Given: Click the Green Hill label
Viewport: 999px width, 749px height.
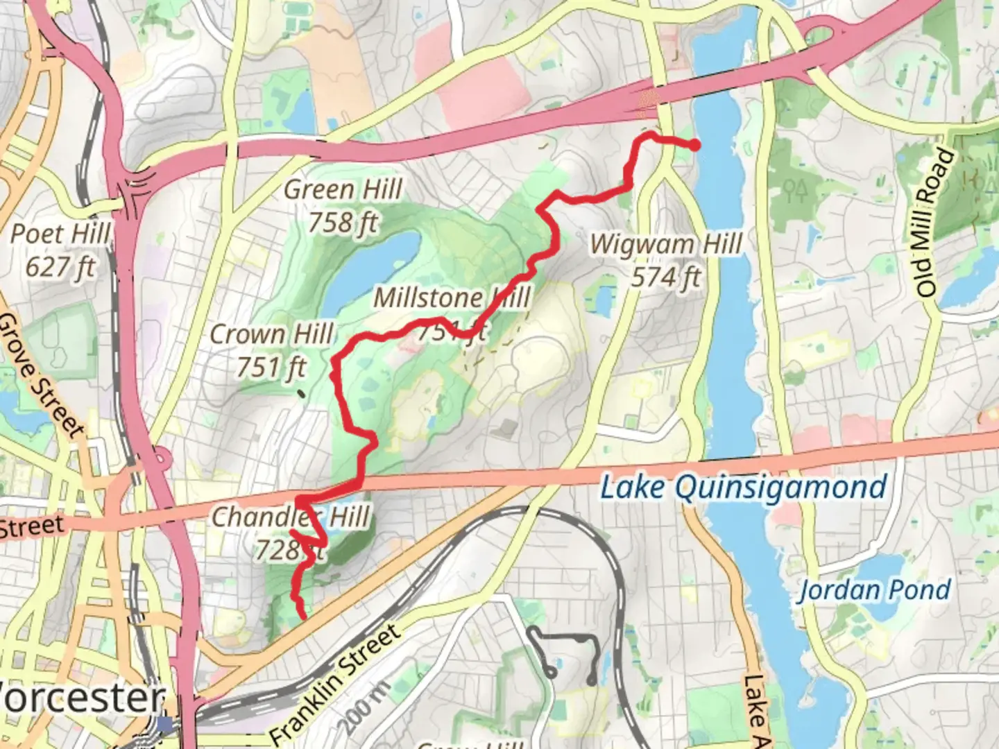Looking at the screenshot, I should tap(343, 189).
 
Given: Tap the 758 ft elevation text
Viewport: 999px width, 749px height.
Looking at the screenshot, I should tap(343, 223).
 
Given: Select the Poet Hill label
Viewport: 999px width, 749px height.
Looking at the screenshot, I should tap(60, 234).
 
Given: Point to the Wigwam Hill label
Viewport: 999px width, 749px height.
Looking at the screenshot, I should tap(666, 244).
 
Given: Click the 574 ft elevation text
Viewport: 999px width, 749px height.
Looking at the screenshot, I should tap(666, 277).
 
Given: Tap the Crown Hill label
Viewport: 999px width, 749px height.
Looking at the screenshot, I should tap(272, 334).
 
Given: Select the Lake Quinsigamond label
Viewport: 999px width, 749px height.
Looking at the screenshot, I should tap(743, 488).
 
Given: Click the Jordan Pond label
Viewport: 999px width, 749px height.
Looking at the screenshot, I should tap(874, 591).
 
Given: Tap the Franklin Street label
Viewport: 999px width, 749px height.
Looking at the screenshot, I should tap(335, 683).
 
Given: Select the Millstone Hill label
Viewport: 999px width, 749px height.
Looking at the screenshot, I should tap(451, 298).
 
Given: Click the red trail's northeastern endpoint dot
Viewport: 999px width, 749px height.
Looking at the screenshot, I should tap(693, 144).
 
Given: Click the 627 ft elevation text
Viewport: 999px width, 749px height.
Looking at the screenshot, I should tap(60, 267).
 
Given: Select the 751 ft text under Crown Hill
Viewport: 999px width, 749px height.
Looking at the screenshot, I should tap(271, 368).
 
